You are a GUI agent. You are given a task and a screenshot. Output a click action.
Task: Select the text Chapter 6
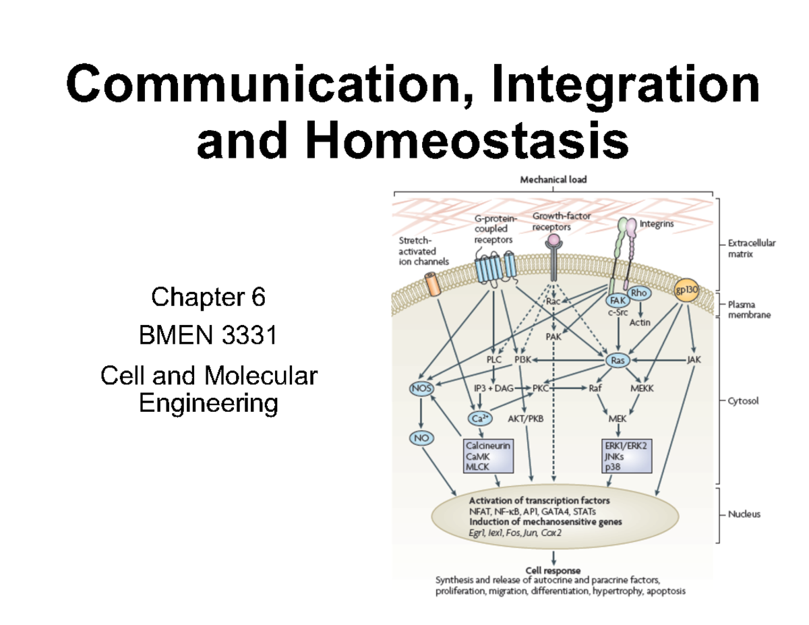pos(208,297)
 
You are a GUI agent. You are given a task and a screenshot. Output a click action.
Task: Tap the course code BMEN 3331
pos(208,335)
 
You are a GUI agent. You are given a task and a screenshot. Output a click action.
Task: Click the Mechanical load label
pos(553,179)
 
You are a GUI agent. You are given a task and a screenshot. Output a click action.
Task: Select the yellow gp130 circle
pos(686,289)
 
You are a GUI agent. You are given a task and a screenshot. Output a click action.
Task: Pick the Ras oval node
pos(618,361)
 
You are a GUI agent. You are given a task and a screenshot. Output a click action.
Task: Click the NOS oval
pos(421,388)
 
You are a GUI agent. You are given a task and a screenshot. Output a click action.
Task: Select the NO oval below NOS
pos(420,438)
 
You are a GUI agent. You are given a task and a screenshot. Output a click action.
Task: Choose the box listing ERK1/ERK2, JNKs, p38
pos(628,456)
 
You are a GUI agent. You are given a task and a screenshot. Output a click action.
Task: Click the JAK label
pos(694,360)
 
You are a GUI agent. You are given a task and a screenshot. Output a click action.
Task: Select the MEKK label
pos(642,388)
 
